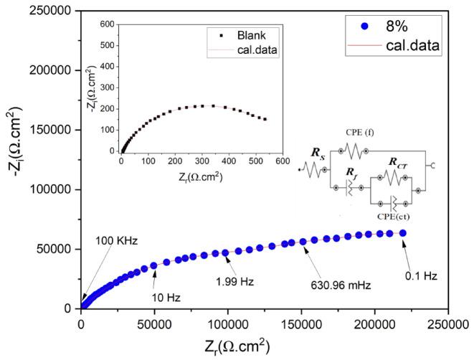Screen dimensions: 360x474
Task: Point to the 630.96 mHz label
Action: [338, 285]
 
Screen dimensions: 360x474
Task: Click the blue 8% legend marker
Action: [366, 27]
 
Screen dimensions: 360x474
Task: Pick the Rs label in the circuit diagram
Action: [318, 153]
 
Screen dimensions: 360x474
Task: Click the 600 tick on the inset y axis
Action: [107, 24]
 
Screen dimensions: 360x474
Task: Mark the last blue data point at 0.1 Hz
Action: [403, 233]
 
